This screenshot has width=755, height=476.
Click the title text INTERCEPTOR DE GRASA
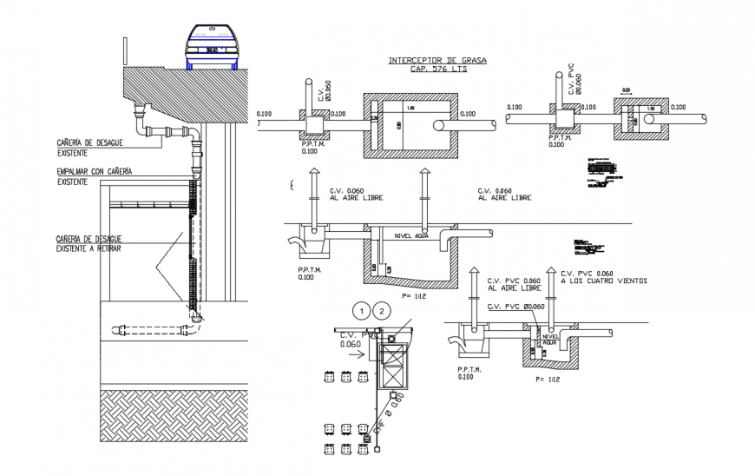437,60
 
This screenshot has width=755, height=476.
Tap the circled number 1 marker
361,310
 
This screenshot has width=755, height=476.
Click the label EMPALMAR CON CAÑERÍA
94,173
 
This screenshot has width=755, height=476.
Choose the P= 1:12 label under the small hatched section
548,378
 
